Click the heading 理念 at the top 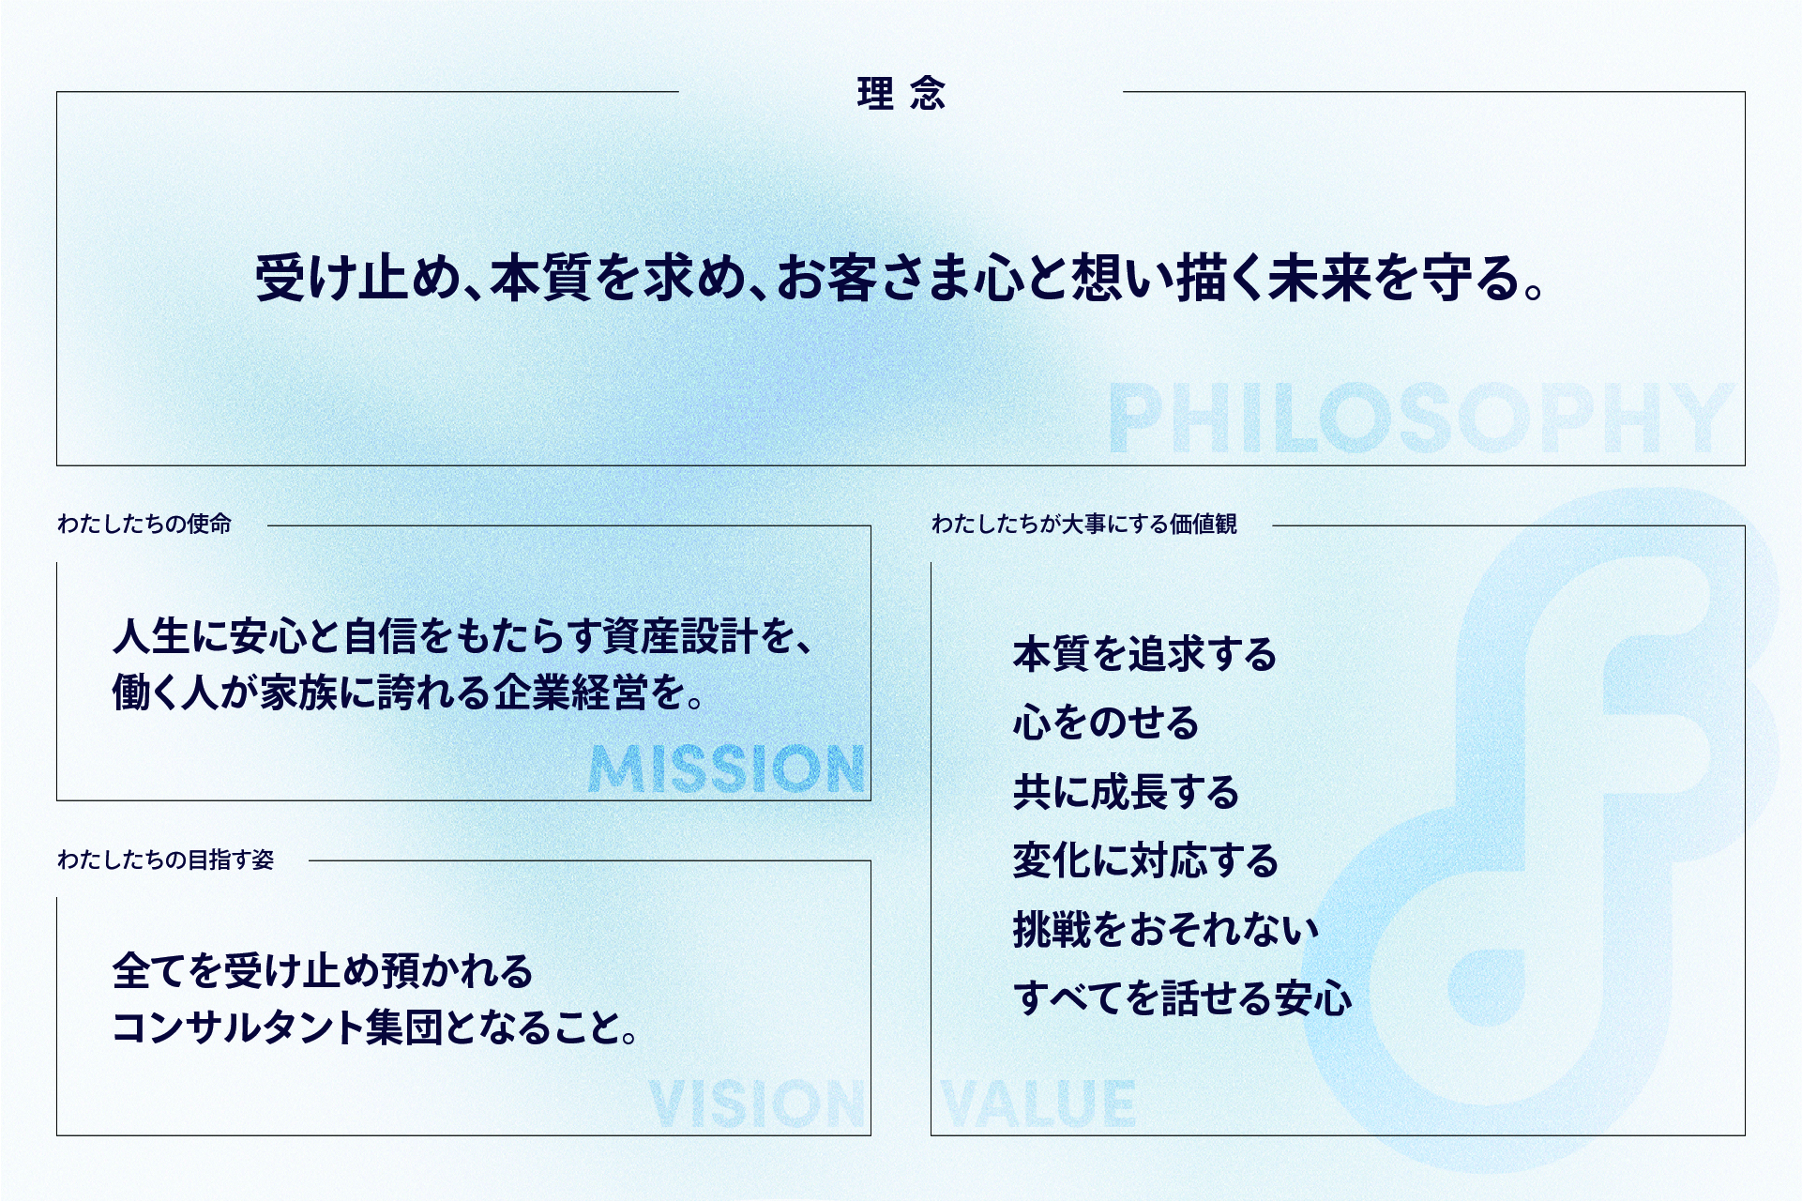tap(901, 94)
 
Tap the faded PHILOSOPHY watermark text tap(1421, 418)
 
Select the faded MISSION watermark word tap(727, 769)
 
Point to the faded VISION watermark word tap(756, 1103)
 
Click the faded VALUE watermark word tap(1038, 1103)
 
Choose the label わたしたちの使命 tap(144, 524)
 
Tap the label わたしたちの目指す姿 tap(166, 860)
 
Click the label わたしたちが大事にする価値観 tap(1084, 524)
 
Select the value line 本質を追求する tap(1144, 654)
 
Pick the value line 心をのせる tap(1106, 723)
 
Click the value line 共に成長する tap(1126, 792)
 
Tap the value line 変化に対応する tap(1145, 860)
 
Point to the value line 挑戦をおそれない tap(1166, 929)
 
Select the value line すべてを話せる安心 tap(1183, 997)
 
